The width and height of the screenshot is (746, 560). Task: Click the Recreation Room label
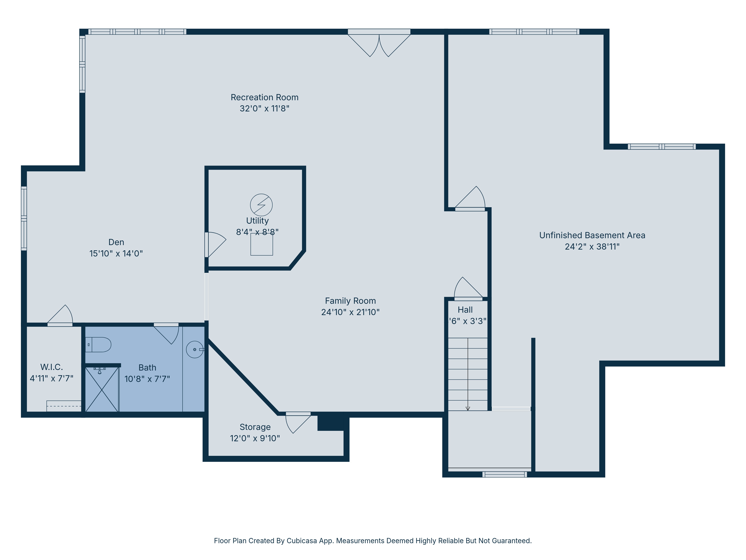pyautogui.click(x=264, y=97)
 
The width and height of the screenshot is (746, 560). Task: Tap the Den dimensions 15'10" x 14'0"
pyautogui.click(x=116, y=253)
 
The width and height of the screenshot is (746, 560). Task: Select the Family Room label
pyautogui.click(x=350, y=301)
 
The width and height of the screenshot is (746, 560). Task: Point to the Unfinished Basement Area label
pyautogui.click(x=592, y=235)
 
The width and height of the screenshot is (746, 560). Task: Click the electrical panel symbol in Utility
pyautogui.click(x=261, y=205)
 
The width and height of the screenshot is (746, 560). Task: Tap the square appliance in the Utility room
pyautogui.click(x=262, y=244)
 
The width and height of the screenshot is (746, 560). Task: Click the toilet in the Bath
pyautogui.click(x=98, y=345)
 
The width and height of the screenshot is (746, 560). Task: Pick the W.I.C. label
pyautogui.click(x=52, y=367)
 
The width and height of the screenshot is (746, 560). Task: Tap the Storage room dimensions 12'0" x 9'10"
pyautogui.click(x=255, y=438)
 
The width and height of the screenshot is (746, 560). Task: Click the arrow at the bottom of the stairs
pyautogui.click(x=468, y=408)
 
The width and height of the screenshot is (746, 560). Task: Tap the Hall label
pyautogui.click(x=465, y=310)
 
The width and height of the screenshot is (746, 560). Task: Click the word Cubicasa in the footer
pyautogui.click(x=302, y=541)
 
